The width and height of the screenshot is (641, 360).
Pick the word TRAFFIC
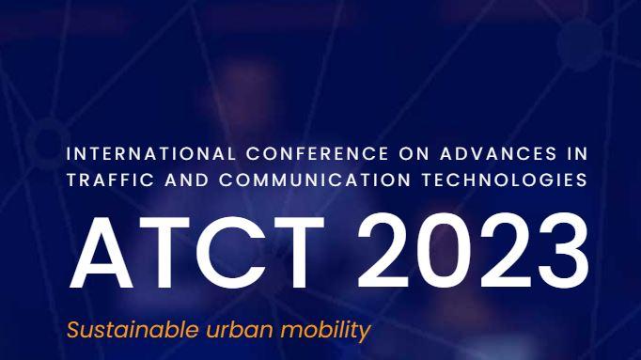(x=102, y=179)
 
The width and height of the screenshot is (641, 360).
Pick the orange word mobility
(x=320, y=331)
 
